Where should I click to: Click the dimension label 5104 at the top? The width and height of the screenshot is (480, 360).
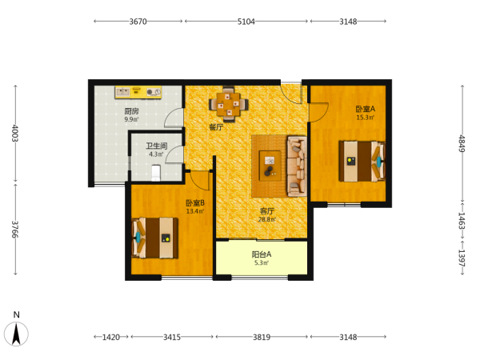point(246,22)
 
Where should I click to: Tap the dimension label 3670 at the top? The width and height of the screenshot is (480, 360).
point(138,22)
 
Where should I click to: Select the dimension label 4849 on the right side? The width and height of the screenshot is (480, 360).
point(462,143)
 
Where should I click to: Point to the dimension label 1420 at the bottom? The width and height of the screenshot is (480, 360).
point(111,337)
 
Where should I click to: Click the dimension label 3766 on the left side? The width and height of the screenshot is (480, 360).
point(15,230)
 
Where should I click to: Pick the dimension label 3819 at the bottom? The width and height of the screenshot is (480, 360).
point(262,337)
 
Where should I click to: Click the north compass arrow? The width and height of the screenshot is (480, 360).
point(16,334)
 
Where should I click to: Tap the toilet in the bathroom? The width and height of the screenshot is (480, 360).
point(156,173)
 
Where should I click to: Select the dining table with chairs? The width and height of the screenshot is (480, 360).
point(228,104)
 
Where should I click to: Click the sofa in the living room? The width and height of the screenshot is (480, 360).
point(297,166)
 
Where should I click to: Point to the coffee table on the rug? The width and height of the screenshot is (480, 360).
point(270,166)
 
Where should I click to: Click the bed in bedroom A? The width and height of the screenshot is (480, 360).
point(362,161)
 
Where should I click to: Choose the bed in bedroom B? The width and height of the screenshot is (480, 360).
point(155,238)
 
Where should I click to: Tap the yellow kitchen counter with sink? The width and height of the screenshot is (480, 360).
point(138,92)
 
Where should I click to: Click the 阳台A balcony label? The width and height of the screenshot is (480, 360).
point(262,254)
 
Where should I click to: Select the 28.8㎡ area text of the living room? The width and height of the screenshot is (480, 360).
point(267,219)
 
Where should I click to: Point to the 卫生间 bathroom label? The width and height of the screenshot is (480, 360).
point(157,146)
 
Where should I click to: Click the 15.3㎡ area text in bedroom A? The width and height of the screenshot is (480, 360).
point(366,118)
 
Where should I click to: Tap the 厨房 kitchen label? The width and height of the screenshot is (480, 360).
point(131,111)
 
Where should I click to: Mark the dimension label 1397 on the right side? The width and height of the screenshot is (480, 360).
point(462,258)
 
